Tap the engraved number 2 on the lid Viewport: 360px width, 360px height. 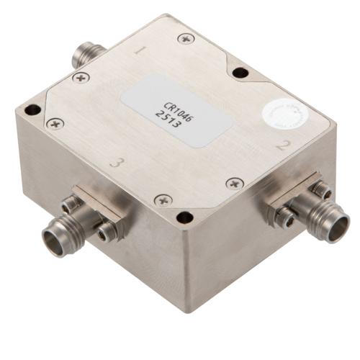tap(282, 145)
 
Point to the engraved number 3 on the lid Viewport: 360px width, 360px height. tap(115, 163)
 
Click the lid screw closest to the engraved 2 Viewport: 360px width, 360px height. tap(235, 184)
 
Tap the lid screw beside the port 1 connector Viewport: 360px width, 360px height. tap(81, 77)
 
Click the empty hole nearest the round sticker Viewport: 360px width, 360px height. tap(240, 73)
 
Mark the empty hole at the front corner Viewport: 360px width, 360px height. tap(185, 217)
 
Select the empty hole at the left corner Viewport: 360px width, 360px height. tap(32, 110)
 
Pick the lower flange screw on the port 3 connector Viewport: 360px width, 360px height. tap(108, 231)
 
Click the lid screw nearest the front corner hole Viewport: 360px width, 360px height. tap(163, 199)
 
